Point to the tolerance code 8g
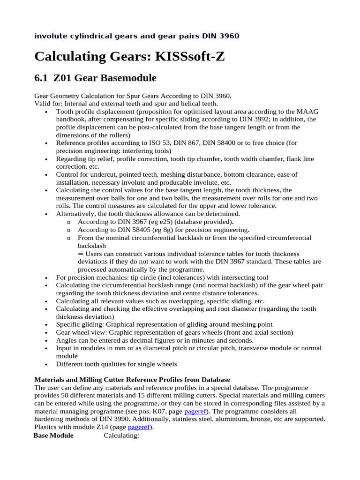tap(169, 230)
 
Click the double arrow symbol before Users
tap(81, 254)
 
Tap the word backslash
tap(92, 246)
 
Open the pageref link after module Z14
tap(139, 427)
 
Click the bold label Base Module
tap(53, 435)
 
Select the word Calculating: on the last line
tap(121, 435)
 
